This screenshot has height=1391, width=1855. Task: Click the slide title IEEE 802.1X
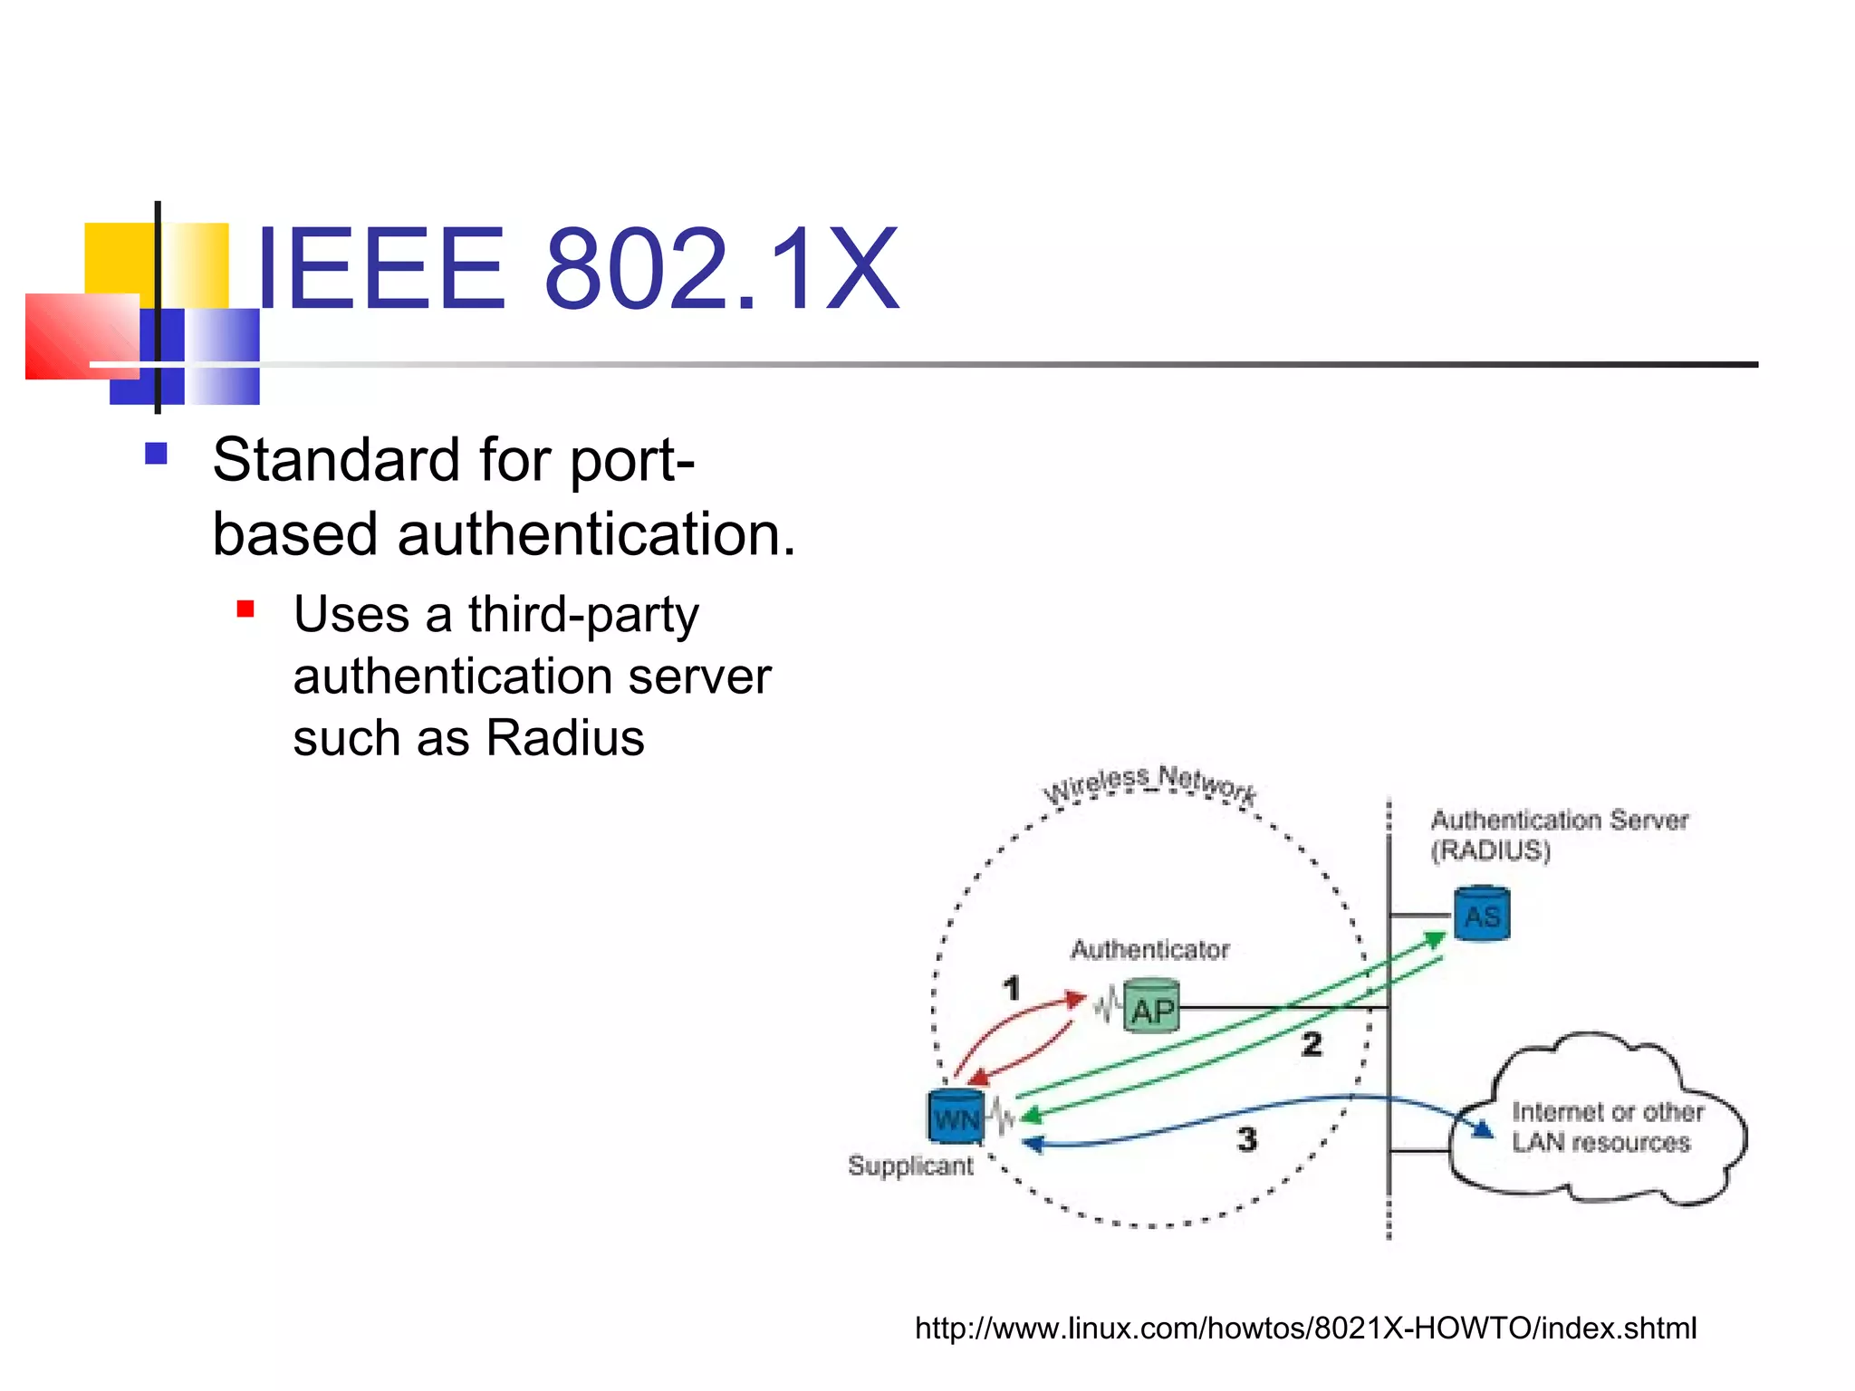click(x=577, y=269)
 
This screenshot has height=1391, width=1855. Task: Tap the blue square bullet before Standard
click(x=156, y=453)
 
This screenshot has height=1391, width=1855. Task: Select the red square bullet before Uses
click(x=245, y=609)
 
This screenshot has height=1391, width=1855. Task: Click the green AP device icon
click(x=1151, y=1006)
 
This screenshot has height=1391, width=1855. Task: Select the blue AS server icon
click(x=1482, y=915)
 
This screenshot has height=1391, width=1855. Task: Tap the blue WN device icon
click(x=956, y=1118)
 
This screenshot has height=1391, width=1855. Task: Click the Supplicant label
click(x=910, y=1166)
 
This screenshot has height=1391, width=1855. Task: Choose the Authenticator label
click(x=1149, y=950)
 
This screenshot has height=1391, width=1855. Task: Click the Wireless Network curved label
click(x=1149, y=783)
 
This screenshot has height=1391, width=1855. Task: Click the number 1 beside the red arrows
click(x=1012, y=988)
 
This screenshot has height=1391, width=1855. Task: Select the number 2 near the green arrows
click(x=1312, y=1044)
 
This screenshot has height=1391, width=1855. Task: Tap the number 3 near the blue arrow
click(x=1247, y=1139)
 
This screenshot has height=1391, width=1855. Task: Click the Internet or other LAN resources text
click(x=1605, y=1127)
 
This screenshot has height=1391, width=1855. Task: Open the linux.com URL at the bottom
click(x=1305, y=1329)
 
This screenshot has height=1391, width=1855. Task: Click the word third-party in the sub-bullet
click(x=583, y=616)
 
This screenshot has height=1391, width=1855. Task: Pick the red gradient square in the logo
click(x=82, y=336)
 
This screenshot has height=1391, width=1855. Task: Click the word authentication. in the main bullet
click(x=596, y=534)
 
